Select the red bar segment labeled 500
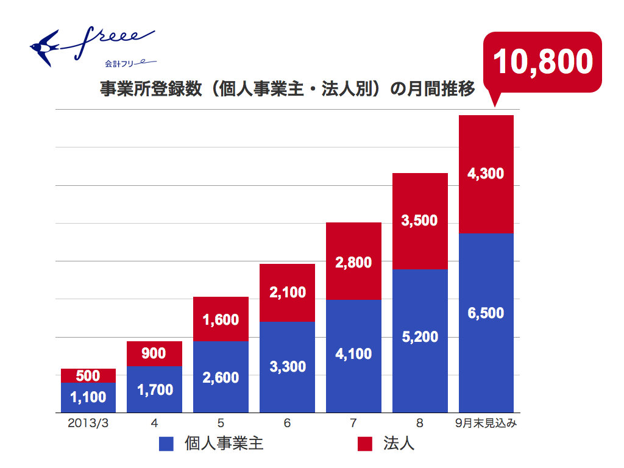(88, 375)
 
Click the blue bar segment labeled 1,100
(88, 397)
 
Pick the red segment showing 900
(154, 353)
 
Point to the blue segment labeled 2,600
(221, 377)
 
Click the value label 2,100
(287, 292)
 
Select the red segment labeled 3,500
(420, 221)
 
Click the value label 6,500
(486, 313)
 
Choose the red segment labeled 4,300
(486, 174)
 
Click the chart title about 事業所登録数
(286, 90)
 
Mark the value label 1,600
(221, 319)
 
